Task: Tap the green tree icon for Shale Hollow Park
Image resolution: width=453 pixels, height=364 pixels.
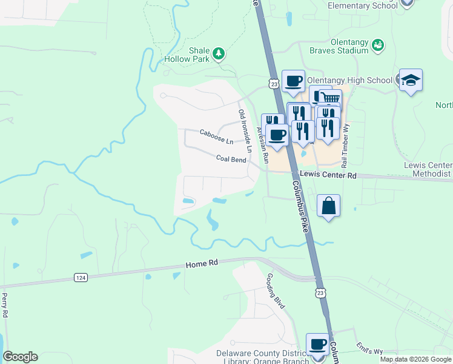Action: tap(219, 55)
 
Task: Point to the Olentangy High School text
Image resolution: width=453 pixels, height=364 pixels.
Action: tap(349, 80)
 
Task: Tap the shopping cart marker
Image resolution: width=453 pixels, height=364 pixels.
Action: tap(330, 99)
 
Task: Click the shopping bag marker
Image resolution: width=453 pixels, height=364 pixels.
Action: tap(328, 206)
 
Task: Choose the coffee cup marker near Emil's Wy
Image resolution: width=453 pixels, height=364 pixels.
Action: tap(318, 345)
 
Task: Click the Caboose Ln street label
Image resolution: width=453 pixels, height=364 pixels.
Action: tap(216, 136)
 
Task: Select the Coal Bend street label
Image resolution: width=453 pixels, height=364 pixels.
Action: tap(231, 160)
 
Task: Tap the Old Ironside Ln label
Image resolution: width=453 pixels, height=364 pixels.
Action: tap(245, 131)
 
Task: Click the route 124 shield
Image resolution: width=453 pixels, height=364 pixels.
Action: tap(80, 277)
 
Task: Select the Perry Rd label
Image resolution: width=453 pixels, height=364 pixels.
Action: tap(5, 305)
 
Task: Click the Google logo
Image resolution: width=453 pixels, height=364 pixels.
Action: tap(20, 357)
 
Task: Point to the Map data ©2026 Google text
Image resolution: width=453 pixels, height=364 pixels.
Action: tap(415, 359)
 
